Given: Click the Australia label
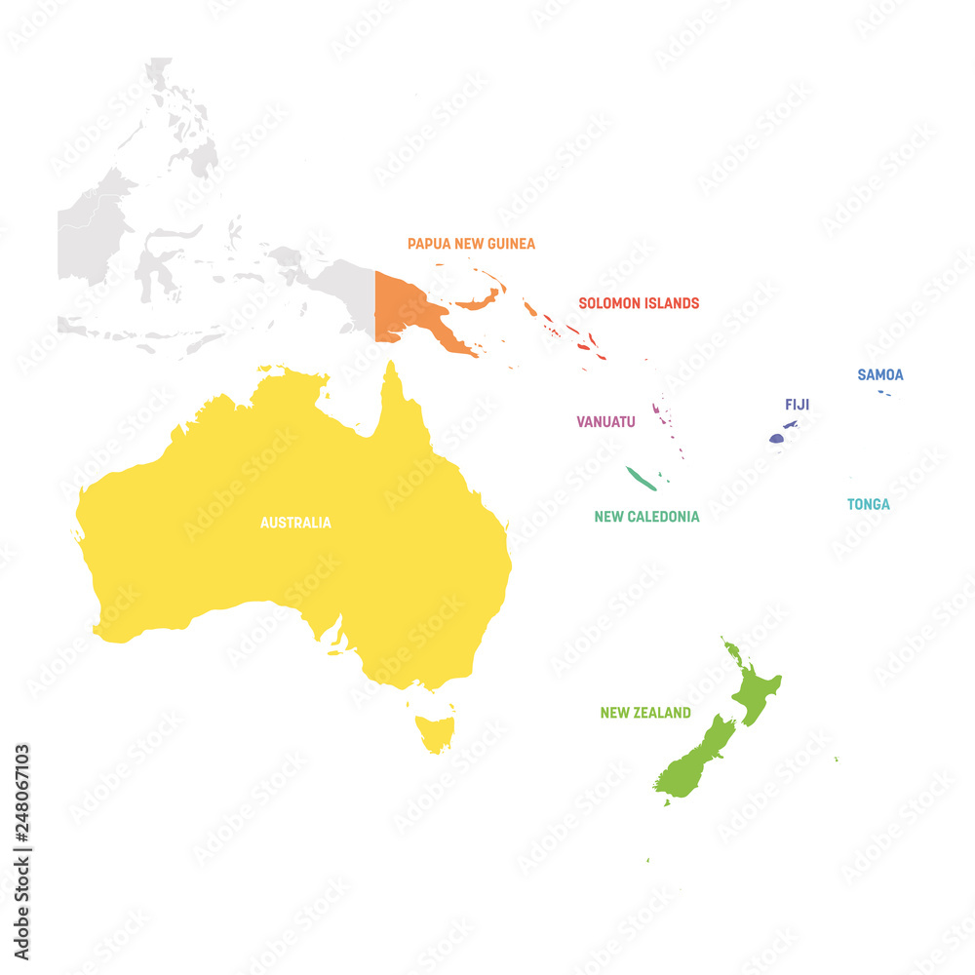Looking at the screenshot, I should [x=295, y=523].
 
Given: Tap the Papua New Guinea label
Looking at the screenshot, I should [x=471, y=244].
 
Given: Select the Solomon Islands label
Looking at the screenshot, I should [x=639, y=303].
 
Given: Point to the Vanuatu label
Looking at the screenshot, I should [x=605, y=422].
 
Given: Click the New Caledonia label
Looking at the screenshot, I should [x=646, y=517].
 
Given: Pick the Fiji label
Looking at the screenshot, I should [x=797, y=405].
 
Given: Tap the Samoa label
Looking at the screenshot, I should [x=879, y=374].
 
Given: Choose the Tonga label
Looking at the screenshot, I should [x=868, y=504].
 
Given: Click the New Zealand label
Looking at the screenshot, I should [x=645, y=713].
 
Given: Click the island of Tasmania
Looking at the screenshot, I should [x=435, y=731].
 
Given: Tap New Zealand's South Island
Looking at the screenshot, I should [x=697, y=760].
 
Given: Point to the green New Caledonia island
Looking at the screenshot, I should [x=641, y=478].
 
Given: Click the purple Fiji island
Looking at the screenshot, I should [x=776, y=439].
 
